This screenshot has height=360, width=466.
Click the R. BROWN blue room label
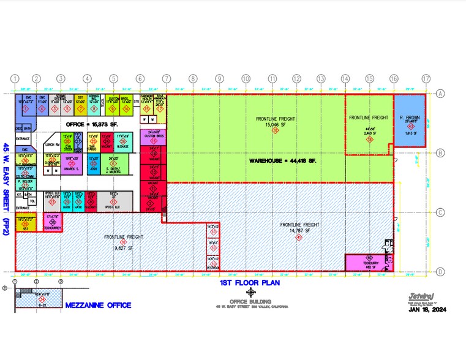[408, 117]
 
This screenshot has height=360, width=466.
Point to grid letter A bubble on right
[440, 94]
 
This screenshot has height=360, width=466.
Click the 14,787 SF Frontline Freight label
[298, 228]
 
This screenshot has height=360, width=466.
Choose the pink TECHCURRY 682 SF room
[368, 263]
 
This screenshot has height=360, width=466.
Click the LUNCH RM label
[51, 144]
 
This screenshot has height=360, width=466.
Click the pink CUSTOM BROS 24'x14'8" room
[153, 137]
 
